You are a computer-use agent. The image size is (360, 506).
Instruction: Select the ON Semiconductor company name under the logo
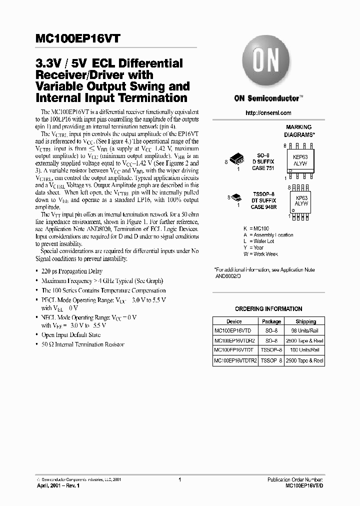pyautogui.click(x=268, y=98)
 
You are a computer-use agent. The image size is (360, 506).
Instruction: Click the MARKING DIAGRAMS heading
pyautogui.click(x=299, y=131)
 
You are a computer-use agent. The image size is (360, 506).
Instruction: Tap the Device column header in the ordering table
pyautogui.click(x=234, y=321)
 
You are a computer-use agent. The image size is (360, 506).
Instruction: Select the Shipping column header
pyautogui.click(x=305, y=321)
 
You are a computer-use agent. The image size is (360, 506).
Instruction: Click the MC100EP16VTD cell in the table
pyautogui.click(x=233, y=330)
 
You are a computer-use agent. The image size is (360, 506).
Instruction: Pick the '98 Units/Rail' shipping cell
pyautogui.click(x=305, y=330)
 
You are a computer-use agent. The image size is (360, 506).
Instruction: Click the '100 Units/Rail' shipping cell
pyautogui.click(x=305, y=349)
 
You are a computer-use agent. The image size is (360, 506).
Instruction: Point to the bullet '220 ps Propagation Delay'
pyautogui.click(x=72, y=271)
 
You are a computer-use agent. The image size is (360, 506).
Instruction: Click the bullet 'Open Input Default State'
pyautogui.click(x=71, y=335)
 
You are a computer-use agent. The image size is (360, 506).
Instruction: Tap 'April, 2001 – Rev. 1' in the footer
pyautogui.click(x=58, y=485)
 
